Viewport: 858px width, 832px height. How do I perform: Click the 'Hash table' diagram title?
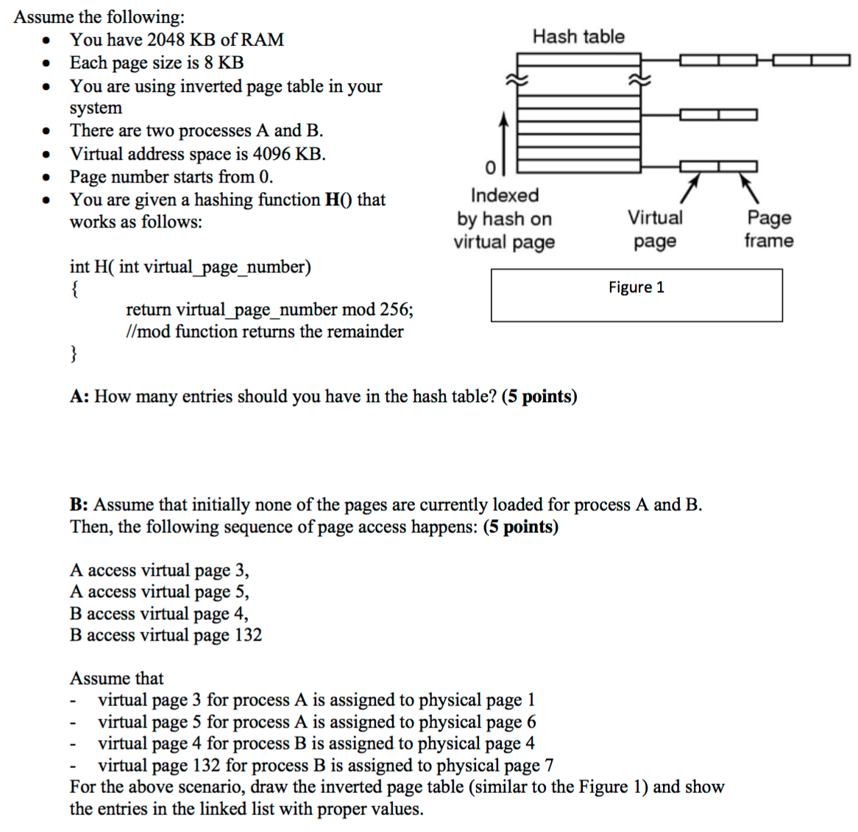click(x=578, y=37)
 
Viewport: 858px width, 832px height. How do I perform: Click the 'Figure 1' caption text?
click(x=636, y=287)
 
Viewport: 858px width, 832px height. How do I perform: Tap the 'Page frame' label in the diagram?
click(x=768, y=229)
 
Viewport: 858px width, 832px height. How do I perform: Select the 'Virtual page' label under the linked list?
click(x=654, y=229)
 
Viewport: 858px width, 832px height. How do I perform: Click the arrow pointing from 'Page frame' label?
click(x=748, y=188)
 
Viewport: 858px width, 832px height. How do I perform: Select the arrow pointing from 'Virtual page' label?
click(x=688, y=188)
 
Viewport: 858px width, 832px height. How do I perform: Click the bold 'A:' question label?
click(x=79, y=397)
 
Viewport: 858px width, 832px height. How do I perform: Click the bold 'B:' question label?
click(x=79, y=505)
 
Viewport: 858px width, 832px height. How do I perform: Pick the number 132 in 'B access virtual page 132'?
click(x=247, y=635)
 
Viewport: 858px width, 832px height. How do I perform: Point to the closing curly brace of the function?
click(x=74, y=354)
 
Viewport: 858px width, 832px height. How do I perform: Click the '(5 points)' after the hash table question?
click(x=539, y=397)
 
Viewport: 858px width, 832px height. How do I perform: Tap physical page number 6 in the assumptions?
click(x=531, y=722)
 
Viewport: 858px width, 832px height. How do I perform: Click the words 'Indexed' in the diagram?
click(x=505, y=195)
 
